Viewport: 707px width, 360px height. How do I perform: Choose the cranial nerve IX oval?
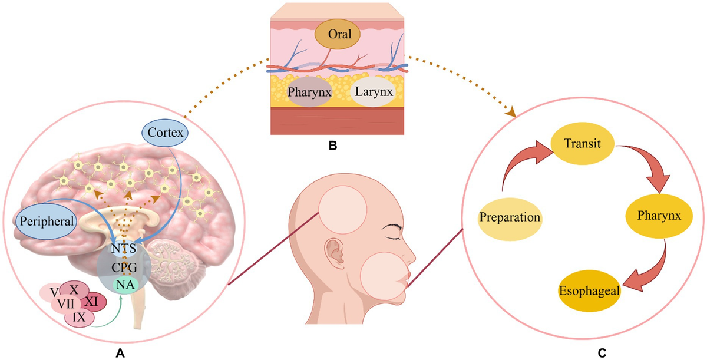(78, 318)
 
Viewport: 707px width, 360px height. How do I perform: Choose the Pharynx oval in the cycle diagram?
(655, 216)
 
